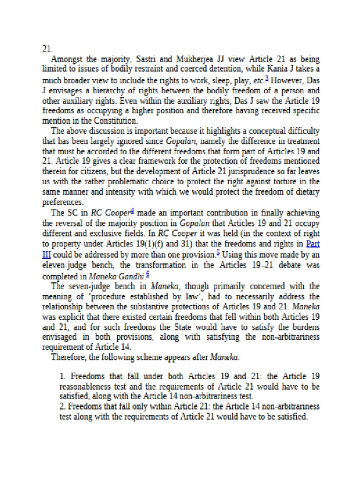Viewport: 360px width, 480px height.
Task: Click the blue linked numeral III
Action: [46, 254]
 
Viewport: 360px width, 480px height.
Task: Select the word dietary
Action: [294, 191]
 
